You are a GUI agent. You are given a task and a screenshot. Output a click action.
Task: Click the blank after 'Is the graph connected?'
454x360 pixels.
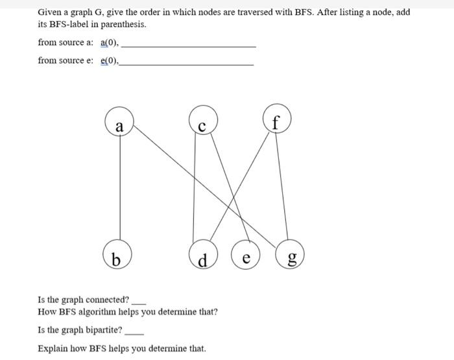[x=139, y=302]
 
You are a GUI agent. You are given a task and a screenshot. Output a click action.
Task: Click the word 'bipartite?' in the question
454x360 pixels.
[x=104, y=330]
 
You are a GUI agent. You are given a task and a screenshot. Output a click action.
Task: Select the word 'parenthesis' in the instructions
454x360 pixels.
[x=124, y=25]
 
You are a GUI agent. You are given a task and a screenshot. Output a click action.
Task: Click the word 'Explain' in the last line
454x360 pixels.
[x=52, y=348]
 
